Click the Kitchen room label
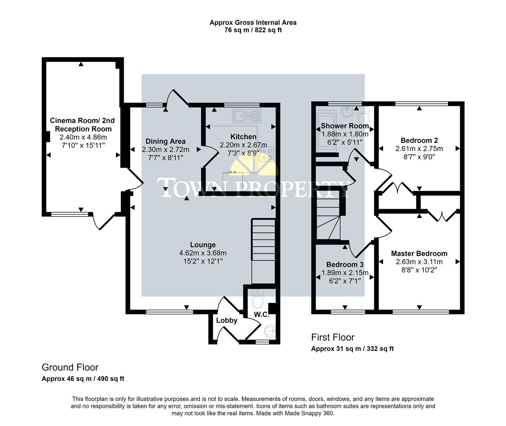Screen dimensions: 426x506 click(243, 137)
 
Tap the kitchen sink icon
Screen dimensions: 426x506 click(246, 116)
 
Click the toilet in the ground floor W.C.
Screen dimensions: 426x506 click(258, 300)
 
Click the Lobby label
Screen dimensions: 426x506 click(226, 320)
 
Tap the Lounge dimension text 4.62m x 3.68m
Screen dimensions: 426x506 click(203, 253)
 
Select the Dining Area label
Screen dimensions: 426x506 click(165, 141)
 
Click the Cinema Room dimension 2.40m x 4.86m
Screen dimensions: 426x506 click(83, 137)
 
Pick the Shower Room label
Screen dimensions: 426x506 click(345, 126)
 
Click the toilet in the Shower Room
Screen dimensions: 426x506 click(364, 116)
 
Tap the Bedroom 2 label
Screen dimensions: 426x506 click(419, 140)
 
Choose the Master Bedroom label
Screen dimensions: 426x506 click(419, 254)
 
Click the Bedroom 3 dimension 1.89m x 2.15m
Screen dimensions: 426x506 click(345, 273)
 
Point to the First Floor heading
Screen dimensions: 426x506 click(332, 337)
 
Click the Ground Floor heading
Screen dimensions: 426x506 click(70, 367)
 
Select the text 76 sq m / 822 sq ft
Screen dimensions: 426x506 click(253, 30)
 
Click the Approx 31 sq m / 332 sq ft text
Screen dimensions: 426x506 click(352, 349)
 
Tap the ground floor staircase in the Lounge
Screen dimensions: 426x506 click(263, 245)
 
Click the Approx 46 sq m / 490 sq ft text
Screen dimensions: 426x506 click(83, 379)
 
